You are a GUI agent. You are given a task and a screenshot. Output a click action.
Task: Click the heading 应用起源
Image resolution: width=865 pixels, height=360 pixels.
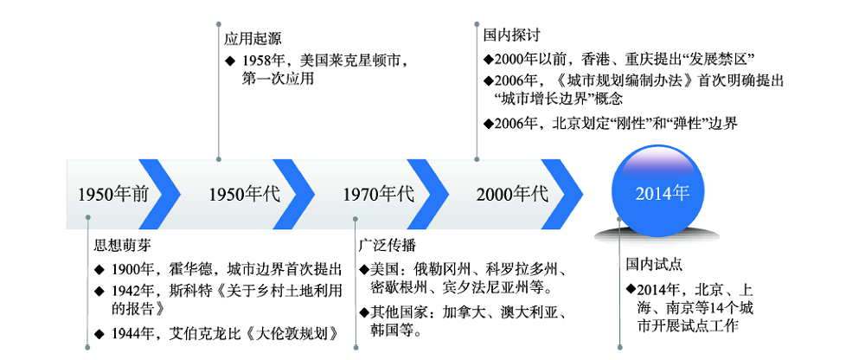pyautogui.click(x=253, y=38)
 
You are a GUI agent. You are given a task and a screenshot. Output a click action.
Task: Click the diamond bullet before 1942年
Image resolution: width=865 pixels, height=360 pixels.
pyautogui.click(x=101, y=290)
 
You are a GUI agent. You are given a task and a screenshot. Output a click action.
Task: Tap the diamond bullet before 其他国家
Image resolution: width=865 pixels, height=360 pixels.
pyautogui.click(x=363, y=312)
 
